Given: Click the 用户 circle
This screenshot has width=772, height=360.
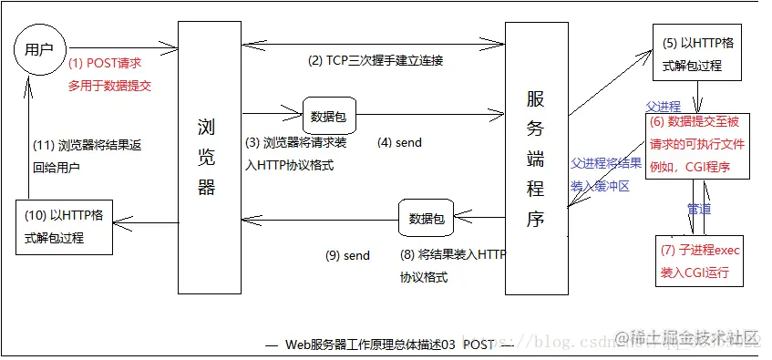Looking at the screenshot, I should [x=39, y=47].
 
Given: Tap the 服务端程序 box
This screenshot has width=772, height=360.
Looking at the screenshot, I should [x=536, y=159].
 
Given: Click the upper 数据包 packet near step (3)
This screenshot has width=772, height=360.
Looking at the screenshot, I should [x=329, y=116].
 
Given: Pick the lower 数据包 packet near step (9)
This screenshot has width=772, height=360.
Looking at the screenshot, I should [x=425, y=219].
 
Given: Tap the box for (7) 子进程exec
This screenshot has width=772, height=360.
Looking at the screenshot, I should [x=696, y=260].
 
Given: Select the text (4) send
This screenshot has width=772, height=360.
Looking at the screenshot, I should [x=399, y=143].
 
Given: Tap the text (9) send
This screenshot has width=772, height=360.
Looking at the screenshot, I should [x=347, y=256].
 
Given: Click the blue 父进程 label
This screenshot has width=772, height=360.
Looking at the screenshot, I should [x=663, y=106].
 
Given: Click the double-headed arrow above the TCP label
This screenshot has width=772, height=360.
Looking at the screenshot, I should [x=373, y=42].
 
